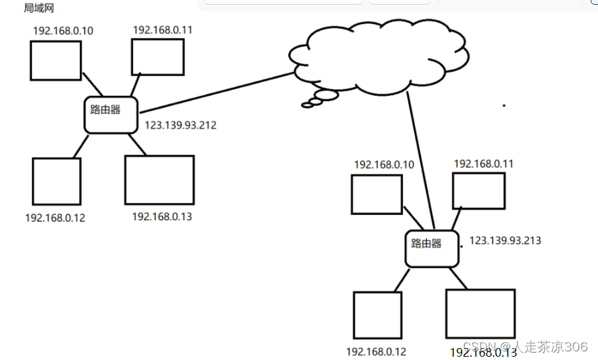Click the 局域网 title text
point(39,8)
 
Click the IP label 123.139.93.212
point(180,124)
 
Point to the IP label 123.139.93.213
point(505,240)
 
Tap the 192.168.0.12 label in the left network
point(55,218)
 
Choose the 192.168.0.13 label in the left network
point(162,216)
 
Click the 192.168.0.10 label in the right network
point(384,164)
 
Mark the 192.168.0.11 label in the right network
point(483,163)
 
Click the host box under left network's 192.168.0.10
point(55,61)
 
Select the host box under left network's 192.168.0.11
point(157,57)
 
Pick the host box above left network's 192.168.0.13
point(159,180)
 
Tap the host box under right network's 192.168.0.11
point(478,191)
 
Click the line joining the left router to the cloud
point(217,92)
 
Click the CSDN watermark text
point(525,347)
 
